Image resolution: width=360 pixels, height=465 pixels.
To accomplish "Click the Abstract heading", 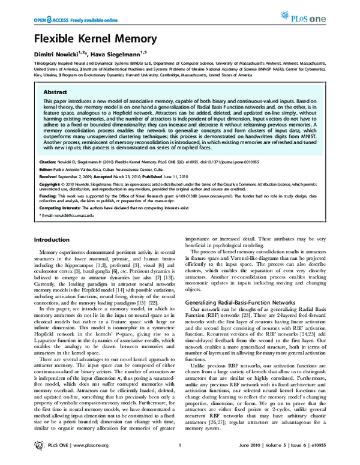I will [x=56, y=94].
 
